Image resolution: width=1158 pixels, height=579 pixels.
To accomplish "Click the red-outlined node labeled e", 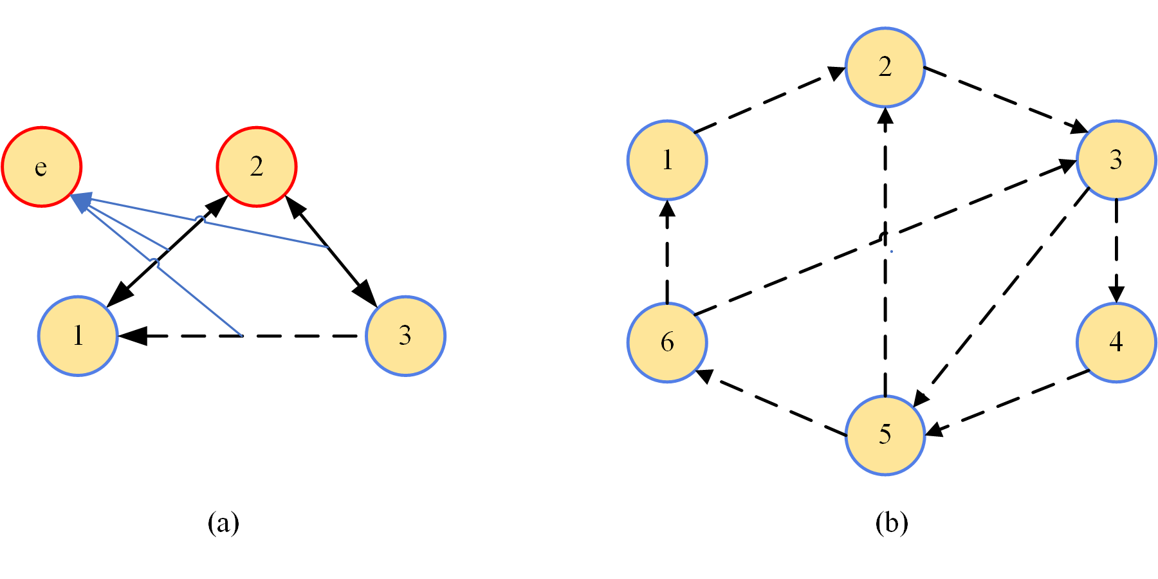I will click(x=42, y=167).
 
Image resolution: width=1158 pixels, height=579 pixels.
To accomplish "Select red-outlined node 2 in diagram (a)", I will click(x=256, y=167).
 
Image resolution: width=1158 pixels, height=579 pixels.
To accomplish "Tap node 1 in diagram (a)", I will click(x=78, y=336).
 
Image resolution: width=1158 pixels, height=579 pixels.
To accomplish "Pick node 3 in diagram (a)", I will click(x=405, y=336).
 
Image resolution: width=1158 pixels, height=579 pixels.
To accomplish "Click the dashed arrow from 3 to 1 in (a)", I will click(x=289, y=336).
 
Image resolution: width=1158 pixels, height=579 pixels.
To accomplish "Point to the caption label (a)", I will click(x=223, y=522).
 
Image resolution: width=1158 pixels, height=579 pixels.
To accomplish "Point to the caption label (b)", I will click(x=892, y=522).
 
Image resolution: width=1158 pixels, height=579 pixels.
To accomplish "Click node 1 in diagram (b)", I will click(x=667, y=160).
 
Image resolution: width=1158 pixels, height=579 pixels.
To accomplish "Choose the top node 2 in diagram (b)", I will click(x=885, y=67).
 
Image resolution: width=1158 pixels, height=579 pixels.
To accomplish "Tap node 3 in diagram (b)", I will click(x=1116, y=160).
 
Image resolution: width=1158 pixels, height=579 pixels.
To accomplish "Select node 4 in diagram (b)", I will click(x=1116, y=342).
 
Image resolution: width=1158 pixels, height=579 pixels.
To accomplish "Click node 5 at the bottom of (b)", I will click(x=885, y=435).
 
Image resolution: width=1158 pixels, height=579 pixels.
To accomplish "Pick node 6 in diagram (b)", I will click(x=667, y=342).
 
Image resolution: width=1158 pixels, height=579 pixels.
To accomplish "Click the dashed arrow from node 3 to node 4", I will click(x=1116, y=251).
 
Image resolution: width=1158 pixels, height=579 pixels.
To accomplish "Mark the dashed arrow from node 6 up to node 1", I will click(x=667, y=254).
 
